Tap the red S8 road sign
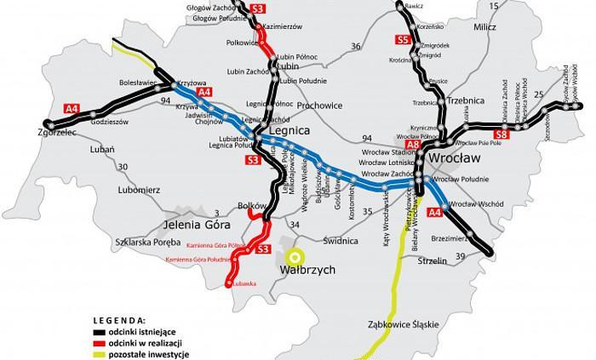[x=500, y=134]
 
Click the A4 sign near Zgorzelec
[x=74, y=107]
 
